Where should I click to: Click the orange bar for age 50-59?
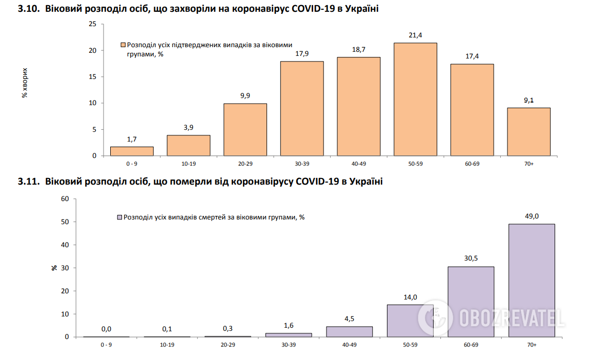(x=415, y=99)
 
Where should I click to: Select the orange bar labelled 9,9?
(x=245, y=129)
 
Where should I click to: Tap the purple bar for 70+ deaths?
(x=532, y=280)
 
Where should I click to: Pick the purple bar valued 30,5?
(x=471, y=302)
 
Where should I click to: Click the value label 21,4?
(x=415, y=35)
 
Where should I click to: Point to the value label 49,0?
(x=532, y=216)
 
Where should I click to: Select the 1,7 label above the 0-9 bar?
(x=132, y=139)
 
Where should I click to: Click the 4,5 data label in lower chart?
(x=349, y=319)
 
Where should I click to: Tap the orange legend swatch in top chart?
(x=123, y=45)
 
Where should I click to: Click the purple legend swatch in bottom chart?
(x=119, y=217)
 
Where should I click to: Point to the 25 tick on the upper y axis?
(x=93, y=24)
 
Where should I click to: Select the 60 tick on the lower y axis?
(x=65, y=199)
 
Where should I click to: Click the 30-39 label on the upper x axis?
(x=301, y=164)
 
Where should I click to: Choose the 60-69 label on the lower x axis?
(x=471, y=345)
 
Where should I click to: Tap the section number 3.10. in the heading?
(x=29, y=9)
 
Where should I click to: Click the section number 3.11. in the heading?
(x=29, y=182)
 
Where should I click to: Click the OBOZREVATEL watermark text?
(x=510, y=318)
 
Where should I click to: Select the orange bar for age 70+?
(x=528, y=132)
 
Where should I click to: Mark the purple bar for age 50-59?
(x=410, y=321)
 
